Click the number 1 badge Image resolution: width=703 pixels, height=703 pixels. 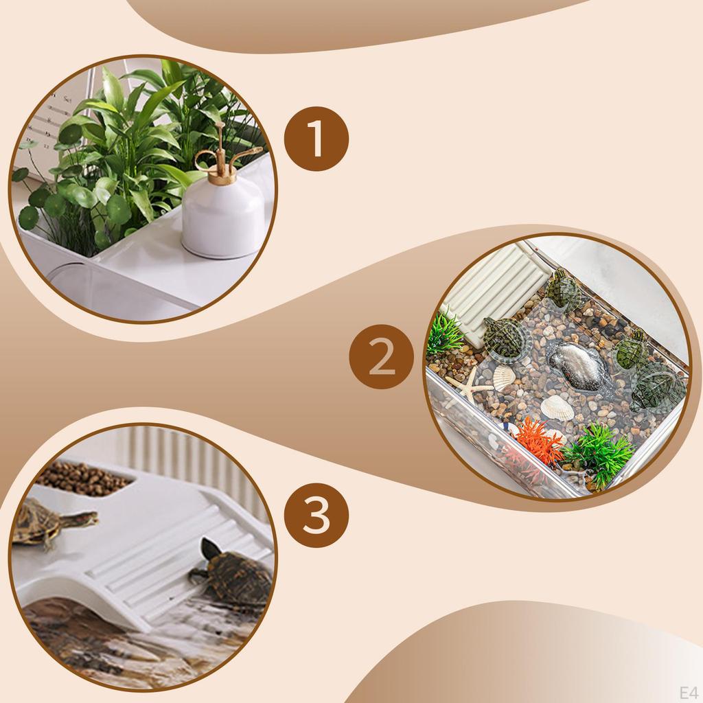[316, 139]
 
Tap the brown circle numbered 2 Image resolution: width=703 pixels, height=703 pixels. [382, 357]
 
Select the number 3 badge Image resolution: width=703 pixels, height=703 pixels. [316, 516]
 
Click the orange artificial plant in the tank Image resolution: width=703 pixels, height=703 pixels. [539, 442]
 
